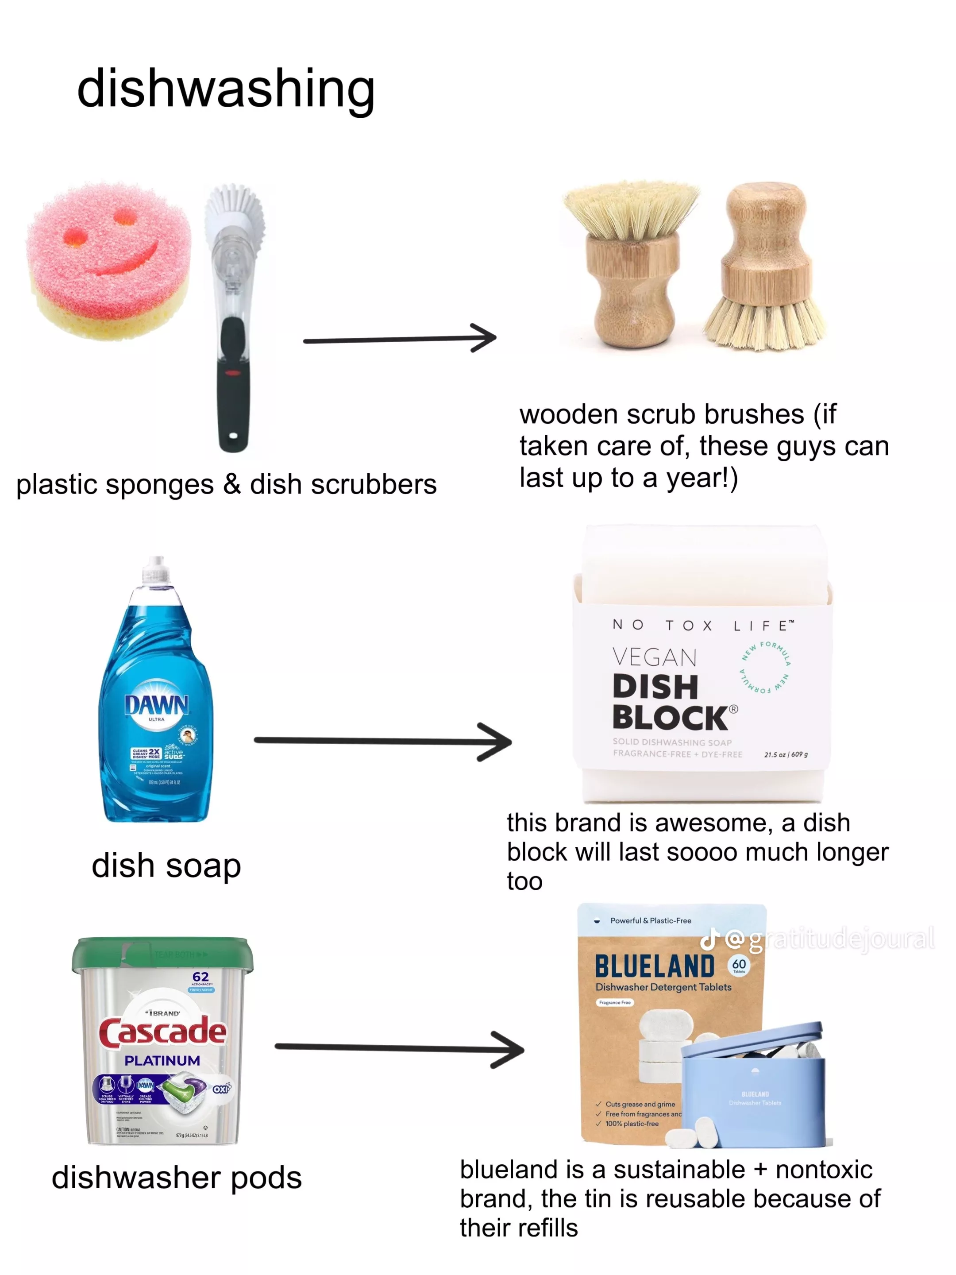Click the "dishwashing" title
(x=226, y=89)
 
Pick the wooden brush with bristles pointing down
(x=764, y=265)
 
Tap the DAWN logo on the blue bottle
(x=156, y=704)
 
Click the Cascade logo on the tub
(x=162, y=1032)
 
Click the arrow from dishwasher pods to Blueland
(x=399, y=1048)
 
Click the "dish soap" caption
(x=166, y=866)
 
